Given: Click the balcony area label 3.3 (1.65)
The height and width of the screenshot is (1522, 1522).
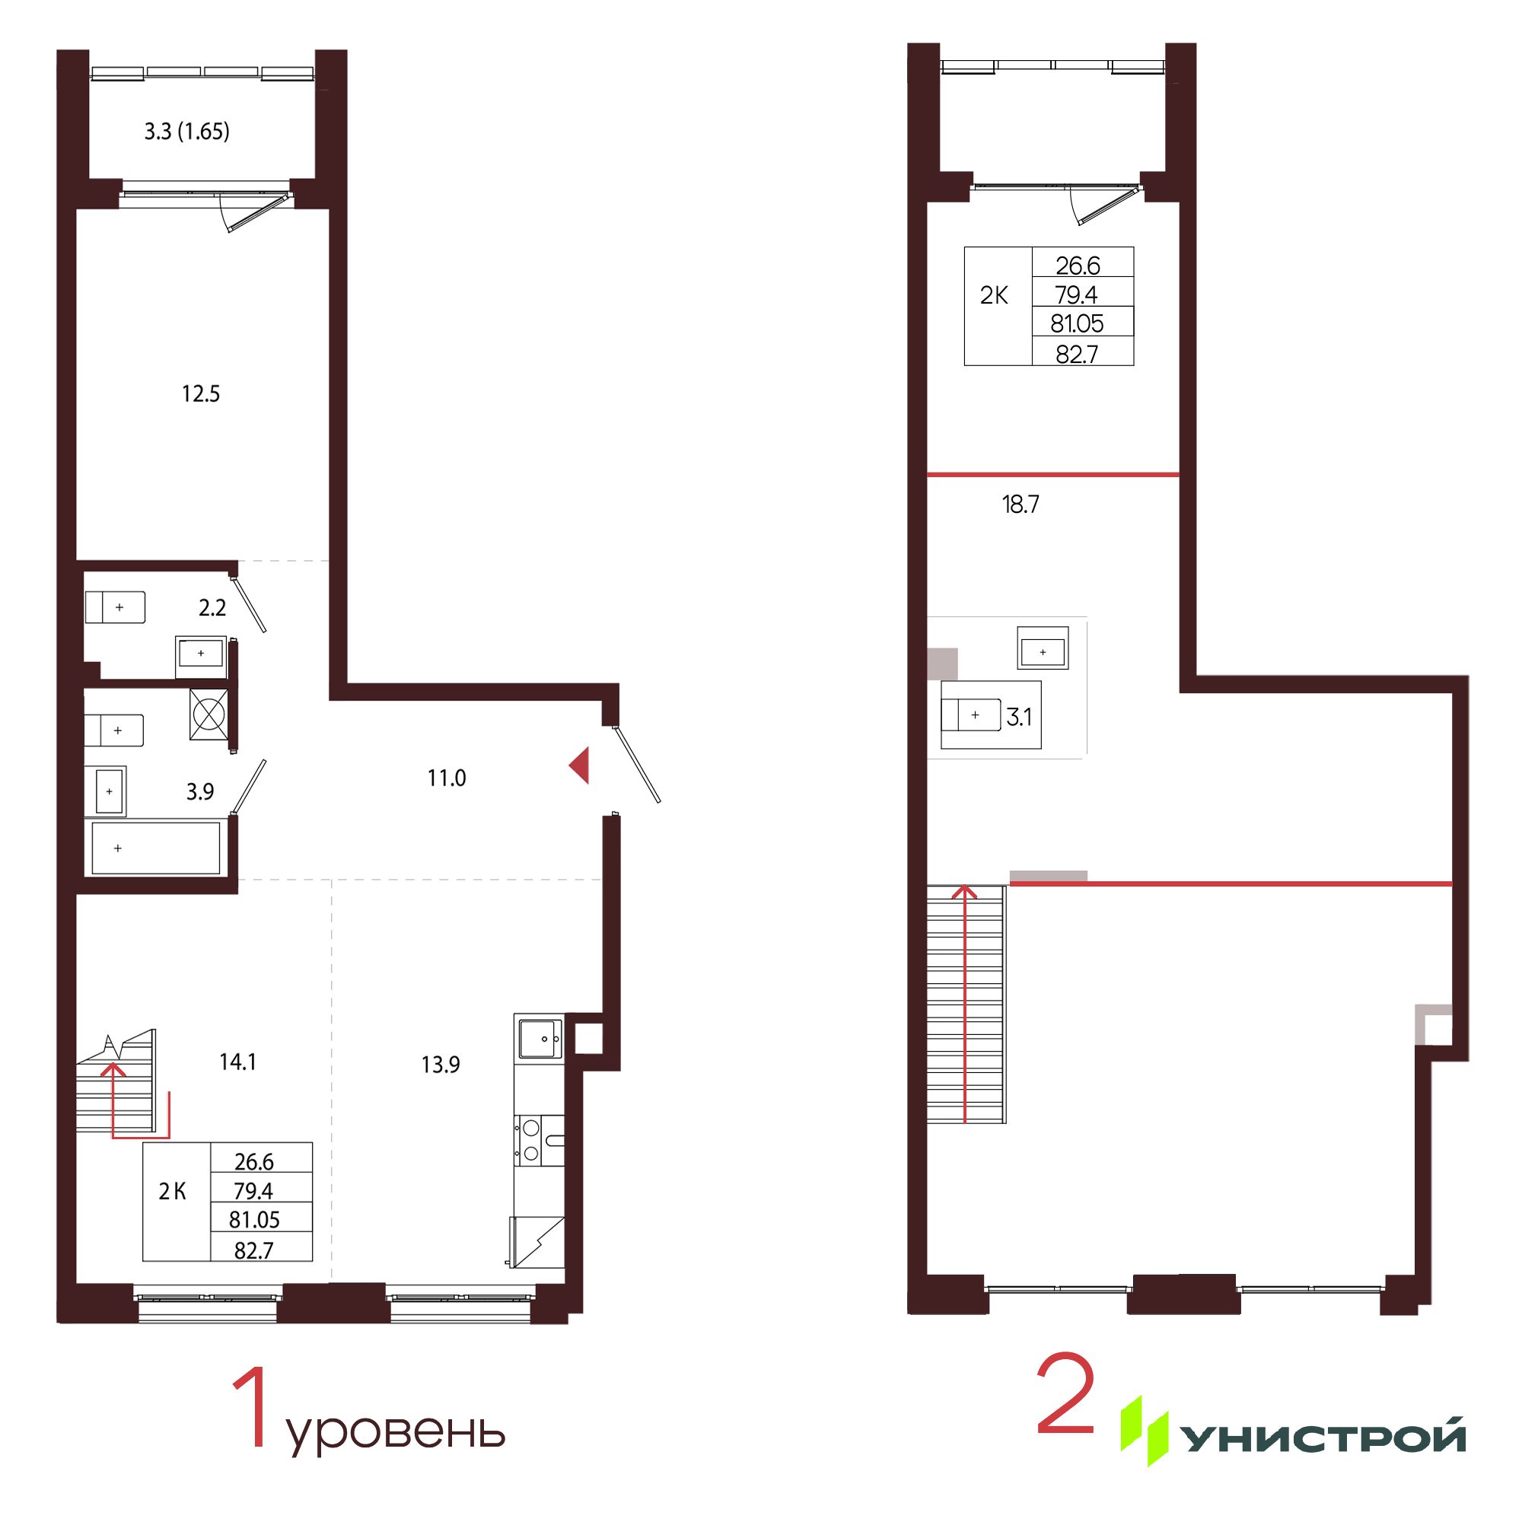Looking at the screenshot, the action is pos(186,132).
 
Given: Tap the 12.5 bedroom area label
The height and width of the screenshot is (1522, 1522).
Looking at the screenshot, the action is pos(201,393).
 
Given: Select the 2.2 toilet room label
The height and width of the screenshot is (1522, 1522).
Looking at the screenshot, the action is pos(212,607).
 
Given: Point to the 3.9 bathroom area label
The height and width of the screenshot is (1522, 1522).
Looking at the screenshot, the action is pos(200,791).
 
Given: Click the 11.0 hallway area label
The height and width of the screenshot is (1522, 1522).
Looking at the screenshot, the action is pos(447,779).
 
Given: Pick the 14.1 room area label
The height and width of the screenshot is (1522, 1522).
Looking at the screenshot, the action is pos(237,1062).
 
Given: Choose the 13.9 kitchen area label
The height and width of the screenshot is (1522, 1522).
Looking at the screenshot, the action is pos(441,1065).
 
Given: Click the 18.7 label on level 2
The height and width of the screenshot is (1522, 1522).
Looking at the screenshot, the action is pos(1021,505).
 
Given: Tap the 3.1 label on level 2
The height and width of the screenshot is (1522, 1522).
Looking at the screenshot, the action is pos(1019,717).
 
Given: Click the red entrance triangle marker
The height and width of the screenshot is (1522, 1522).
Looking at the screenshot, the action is pos(581,765).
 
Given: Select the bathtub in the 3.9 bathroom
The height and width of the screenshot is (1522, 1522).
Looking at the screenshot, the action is pos(156,848).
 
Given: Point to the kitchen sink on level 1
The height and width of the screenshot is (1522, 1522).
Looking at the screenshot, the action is pos(540,1038).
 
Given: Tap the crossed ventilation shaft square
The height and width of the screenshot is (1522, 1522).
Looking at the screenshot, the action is pos(209,714).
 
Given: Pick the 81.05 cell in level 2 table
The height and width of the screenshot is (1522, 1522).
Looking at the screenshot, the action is pos(1077,323).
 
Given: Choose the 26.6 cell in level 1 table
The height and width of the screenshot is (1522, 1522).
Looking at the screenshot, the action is pos(253,1161).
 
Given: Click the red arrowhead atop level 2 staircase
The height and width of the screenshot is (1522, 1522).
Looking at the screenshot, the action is pos(965,892).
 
